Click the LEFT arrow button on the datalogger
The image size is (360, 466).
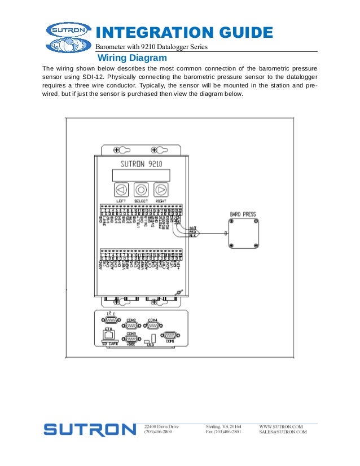121,190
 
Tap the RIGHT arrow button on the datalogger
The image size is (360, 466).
161,190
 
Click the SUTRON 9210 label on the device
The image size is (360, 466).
142,164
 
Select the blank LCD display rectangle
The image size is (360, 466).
141,175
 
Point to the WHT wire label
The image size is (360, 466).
192,227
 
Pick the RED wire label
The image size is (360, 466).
192,231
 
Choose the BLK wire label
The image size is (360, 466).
192,236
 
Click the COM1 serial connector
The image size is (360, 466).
170,335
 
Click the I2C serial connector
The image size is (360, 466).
111,319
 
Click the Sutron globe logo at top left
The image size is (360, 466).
67,37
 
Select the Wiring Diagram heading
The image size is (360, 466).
132,58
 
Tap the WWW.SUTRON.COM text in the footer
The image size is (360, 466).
281,427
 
